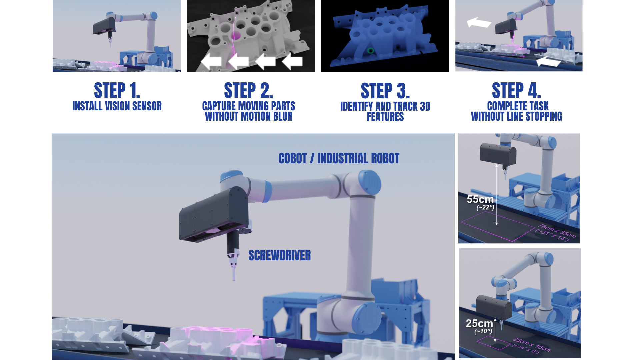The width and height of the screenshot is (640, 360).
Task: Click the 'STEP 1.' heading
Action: point(117,90)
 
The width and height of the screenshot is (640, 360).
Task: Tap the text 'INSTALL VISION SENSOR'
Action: point(117,106)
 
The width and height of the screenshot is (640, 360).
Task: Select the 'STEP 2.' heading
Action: point(248,90)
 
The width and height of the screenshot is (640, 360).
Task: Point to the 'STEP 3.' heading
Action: point(385,91)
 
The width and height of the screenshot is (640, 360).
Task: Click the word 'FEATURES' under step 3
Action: point(385,117)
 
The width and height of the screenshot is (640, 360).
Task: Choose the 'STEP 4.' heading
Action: point(516,90)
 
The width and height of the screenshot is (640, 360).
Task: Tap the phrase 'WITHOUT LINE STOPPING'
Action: point(516,117)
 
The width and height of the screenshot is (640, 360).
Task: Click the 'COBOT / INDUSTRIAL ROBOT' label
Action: point(339,158)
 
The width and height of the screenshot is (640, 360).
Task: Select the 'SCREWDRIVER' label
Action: point(279,256)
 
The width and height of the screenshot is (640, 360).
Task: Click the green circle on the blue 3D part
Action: point(370,51)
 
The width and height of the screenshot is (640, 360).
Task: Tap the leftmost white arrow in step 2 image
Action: point(211,62)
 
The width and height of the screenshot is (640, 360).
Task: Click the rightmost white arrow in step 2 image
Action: point(292,61)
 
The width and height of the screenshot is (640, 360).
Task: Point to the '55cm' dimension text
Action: point(480,199)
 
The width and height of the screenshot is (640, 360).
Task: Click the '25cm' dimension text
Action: point(479,323)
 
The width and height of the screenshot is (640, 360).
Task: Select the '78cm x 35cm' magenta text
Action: point(556,230)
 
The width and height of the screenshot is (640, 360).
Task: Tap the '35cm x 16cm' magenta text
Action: point(532,344)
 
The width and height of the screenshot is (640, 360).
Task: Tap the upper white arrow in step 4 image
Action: point(479,22)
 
